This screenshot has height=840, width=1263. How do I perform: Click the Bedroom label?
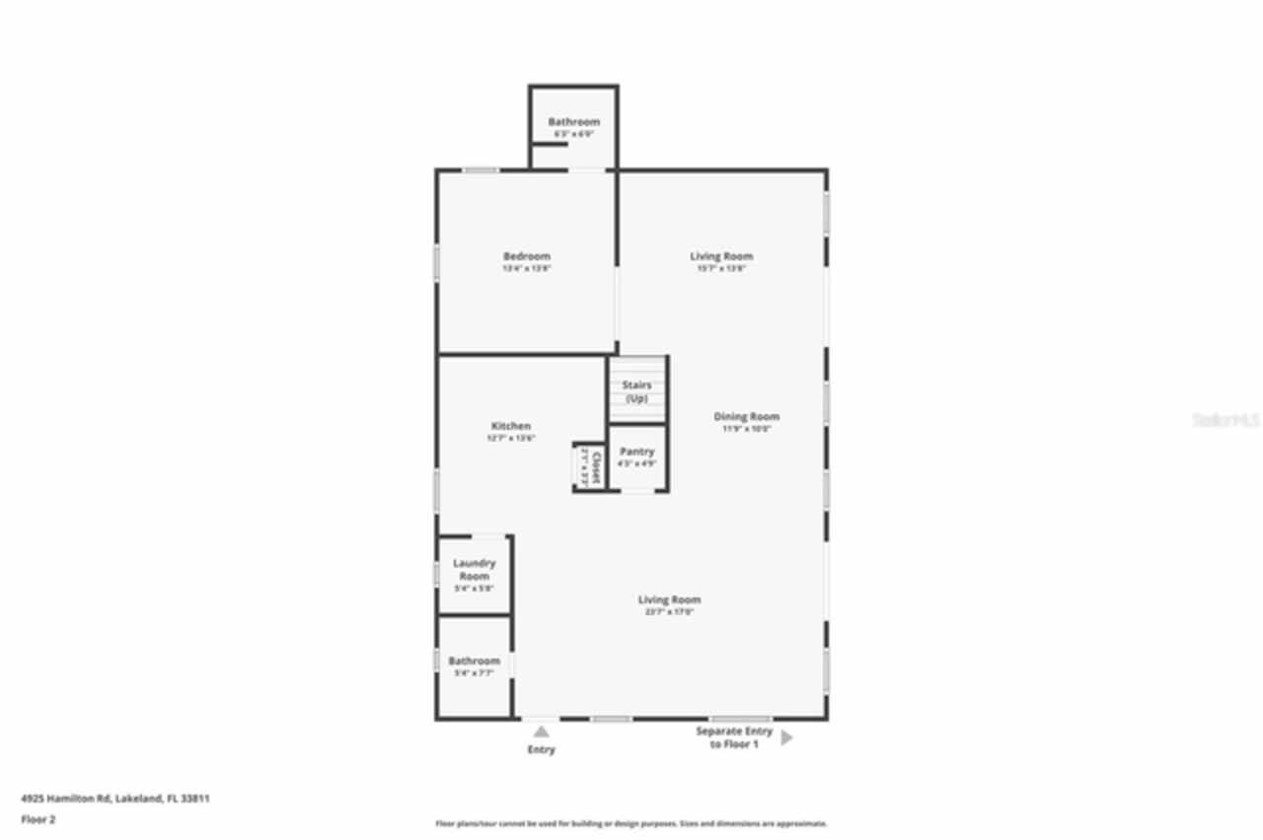[x=526, y=256]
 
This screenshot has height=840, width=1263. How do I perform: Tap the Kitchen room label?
[x=510, y=426]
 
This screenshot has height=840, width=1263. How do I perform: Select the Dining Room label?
[x=746, y=416]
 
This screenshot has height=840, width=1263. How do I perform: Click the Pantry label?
[x=636, y=452]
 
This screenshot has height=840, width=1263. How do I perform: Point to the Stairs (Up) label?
[x=636, y=391]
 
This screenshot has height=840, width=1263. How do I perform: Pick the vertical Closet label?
[x=589, y=465]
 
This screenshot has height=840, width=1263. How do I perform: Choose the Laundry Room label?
[x=474, y=569]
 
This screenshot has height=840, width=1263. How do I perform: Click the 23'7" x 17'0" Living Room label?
[x=668, y=599]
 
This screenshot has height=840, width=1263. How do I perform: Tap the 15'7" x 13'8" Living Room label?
[x=721, y=256]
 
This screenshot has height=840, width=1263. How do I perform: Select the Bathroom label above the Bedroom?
[x=573, y=122]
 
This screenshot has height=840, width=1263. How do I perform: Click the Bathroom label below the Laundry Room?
[x=474, y=661]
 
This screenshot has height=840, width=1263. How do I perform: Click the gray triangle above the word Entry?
[x=541, y=732]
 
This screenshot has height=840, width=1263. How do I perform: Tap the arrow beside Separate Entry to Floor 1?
[x=786, y=737]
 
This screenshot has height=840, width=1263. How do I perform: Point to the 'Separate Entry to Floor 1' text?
[x=733, y=737]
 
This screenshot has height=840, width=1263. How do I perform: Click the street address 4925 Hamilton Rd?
[x=115, y=799]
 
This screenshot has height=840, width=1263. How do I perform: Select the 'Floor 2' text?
[x=39, y=818]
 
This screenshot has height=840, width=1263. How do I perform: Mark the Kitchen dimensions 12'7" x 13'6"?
[x=510, y=438]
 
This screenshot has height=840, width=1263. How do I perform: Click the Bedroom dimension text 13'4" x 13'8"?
[x=526, y=268]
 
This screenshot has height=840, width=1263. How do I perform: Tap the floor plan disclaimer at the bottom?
[x=631, y=823]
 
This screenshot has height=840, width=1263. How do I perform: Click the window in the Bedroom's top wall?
[x=481, y=171]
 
